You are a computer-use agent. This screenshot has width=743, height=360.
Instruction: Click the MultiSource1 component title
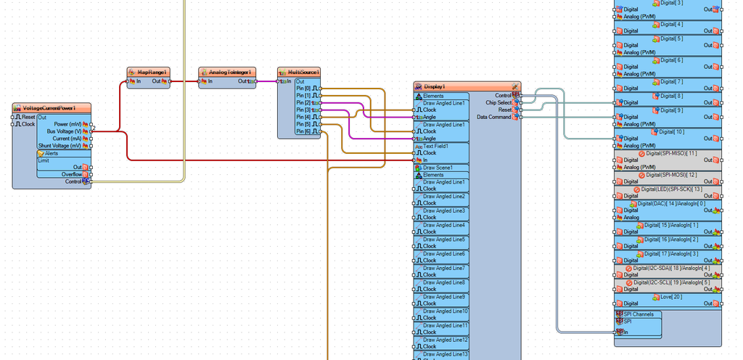pos(304,73)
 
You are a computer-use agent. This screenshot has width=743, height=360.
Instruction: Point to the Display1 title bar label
pos(435,86)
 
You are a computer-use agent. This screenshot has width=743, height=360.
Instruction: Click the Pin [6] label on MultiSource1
pos(303,131)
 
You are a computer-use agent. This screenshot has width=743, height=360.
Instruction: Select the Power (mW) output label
pos(67,124)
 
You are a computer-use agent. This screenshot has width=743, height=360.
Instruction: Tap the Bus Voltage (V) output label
pos(65,131)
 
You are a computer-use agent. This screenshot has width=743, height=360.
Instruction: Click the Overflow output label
pos(70,174)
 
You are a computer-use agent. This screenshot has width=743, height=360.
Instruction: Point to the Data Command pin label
pos(493,117)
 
